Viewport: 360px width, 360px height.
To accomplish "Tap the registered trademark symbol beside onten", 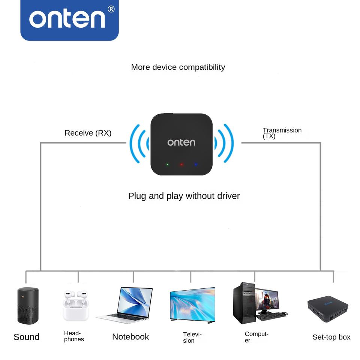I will pyautogui.click(x=111, y=9).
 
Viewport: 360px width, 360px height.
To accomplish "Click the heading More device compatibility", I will pyautogui.click(x=178, y=67).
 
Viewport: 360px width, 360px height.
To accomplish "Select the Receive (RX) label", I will pyautogui.click(x=88, y=133).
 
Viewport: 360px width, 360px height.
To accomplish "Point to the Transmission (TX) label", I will pyautogui.click(x=282, y=133).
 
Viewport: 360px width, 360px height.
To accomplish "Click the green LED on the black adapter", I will pyautogui.click(x=168, y=164).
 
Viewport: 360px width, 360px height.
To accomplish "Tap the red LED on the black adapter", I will pyautogui.click(x=181, y=164).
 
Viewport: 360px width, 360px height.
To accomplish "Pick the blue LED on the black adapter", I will pyautogui.click(x=196, y=164).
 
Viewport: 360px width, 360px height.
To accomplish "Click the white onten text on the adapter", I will pyautogui.click(x=181, y=142).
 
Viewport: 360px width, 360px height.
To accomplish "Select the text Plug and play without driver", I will pyautogui.click(x=184, y=196).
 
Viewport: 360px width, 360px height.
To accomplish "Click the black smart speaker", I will pyautogui.click(x=28, y=305).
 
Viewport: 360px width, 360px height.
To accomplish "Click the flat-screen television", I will pyautogui.click(x=192, y=304).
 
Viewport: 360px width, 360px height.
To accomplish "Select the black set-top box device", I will pyautogui.click(x=327, y=310).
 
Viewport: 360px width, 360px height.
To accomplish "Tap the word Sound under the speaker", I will pyautogui.click(x=26, y=337).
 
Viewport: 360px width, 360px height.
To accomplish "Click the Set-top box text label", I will pyautogui.click(x=331, y=337).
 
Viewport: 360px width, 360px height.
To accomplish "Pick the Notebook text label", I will pyautogui.click(x=130, y=337).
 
